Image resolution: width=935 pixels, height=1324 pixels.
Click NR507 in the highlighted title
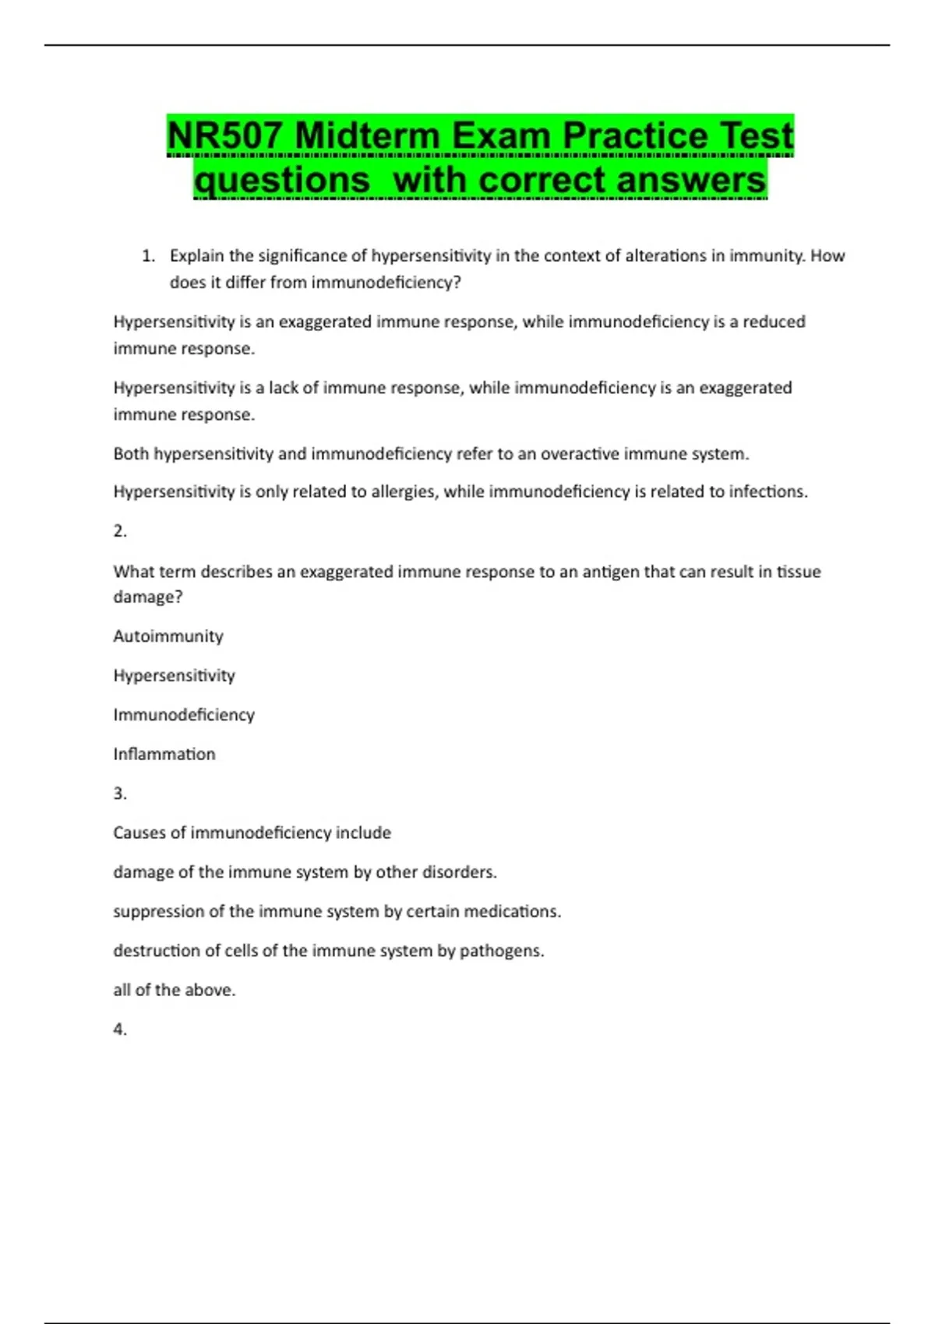click(226, 136)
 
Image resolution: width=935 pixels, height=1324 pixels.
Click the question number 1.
click(148, 256)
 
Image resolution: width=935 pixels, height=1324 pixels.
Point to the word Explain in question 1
click(196, 256)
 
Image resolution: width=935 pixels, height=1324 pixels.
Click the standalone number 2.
click(120, 531)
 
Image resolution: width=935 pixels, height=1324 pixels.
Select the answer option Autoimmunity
click(168, 636)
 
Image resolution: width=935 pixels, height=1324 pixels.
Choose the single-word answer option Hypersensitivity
click(174, 676)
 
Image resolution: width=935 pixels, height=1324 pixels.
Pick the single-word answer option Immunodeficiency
click(184, 715)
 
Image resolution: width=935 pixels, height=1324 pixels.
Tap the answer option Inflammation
click(164, 754)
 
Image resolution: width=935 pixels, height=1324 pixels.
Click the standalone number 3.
click(120, 794)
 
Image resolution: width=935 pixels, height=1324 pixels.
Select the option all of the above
click(174, 990)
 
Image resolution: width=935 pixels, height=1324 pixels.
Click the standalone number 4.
click(120, 1030)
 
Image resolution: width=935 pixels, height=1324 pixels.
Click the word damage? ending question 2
click(148, 597)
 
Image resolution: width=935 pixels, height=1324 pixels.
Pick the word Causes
click(139, 833)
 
